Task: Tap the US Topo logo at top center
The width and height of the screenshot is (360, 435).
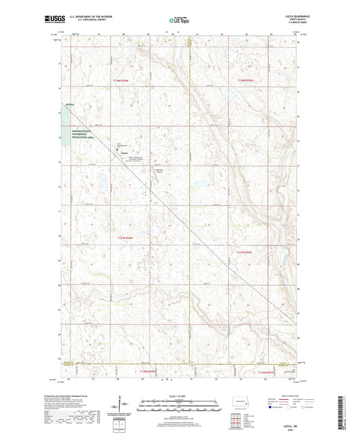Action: coord(180,21)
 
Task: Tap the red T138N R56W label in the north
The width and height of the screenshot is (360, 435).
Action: coord(123,80)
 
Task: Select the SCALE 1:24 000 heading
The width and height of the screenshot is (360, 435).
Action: coord(179,396)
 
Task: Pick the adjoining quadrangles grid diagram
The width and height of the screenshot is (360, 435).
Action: coord(237,424)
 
